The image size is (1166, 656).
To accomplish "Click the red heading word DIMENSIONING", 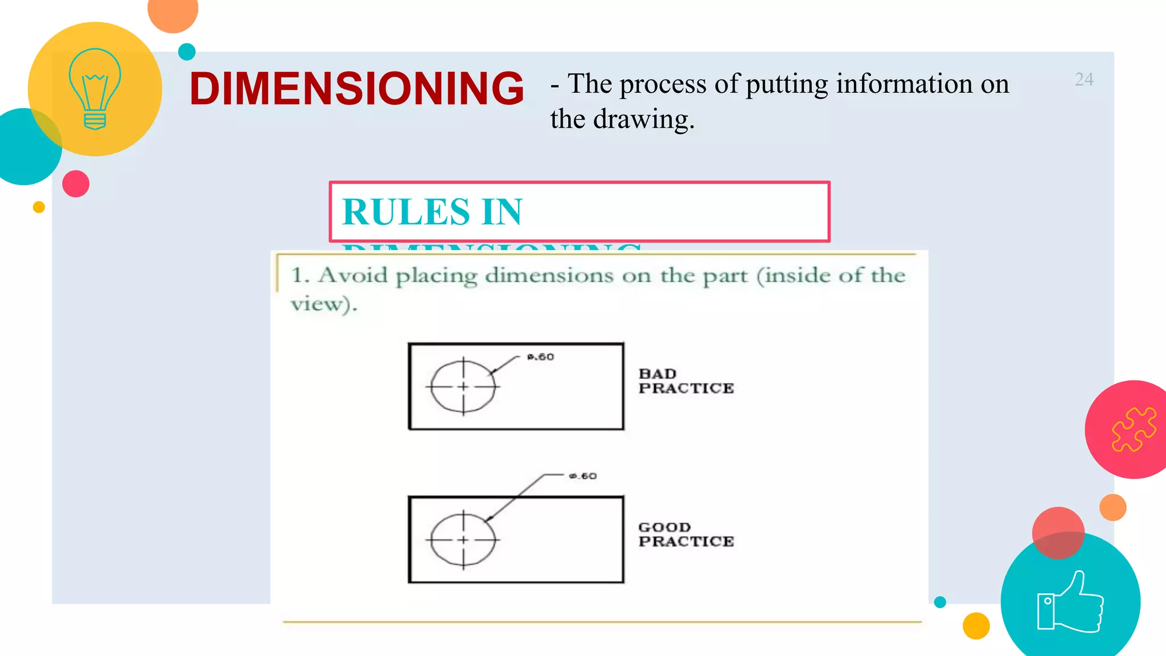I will point(356,89).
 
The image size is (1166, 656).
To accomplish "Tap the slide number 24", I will point(1084,80).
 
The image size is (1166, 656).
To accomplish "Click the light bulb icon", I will point(95,89).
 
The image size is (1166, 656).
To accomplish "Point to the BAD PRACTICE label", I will point(685,381).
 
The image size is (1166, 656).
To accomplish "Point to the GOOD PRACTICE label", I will point(685,534).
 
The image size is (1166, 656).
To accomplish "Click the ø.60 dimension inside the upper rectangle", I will point(540,357).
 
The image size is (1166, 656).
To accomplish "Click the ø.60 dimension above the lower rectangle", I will point(583,476).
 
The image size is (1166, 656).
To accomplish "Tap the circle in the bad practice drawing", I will point(463,386).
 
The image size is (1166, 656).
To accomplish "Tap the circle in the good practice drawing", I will point(463,539).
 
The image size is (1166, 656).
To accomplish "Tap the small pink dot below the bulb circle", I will point(76,184).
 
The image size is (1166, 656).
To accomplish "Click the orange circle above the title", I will point(173,11).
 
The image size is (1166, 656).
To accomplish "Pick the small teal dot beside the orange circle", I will point(187,52).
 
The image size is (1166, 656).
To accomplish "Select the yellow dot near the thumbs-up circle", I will point(976,626).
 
